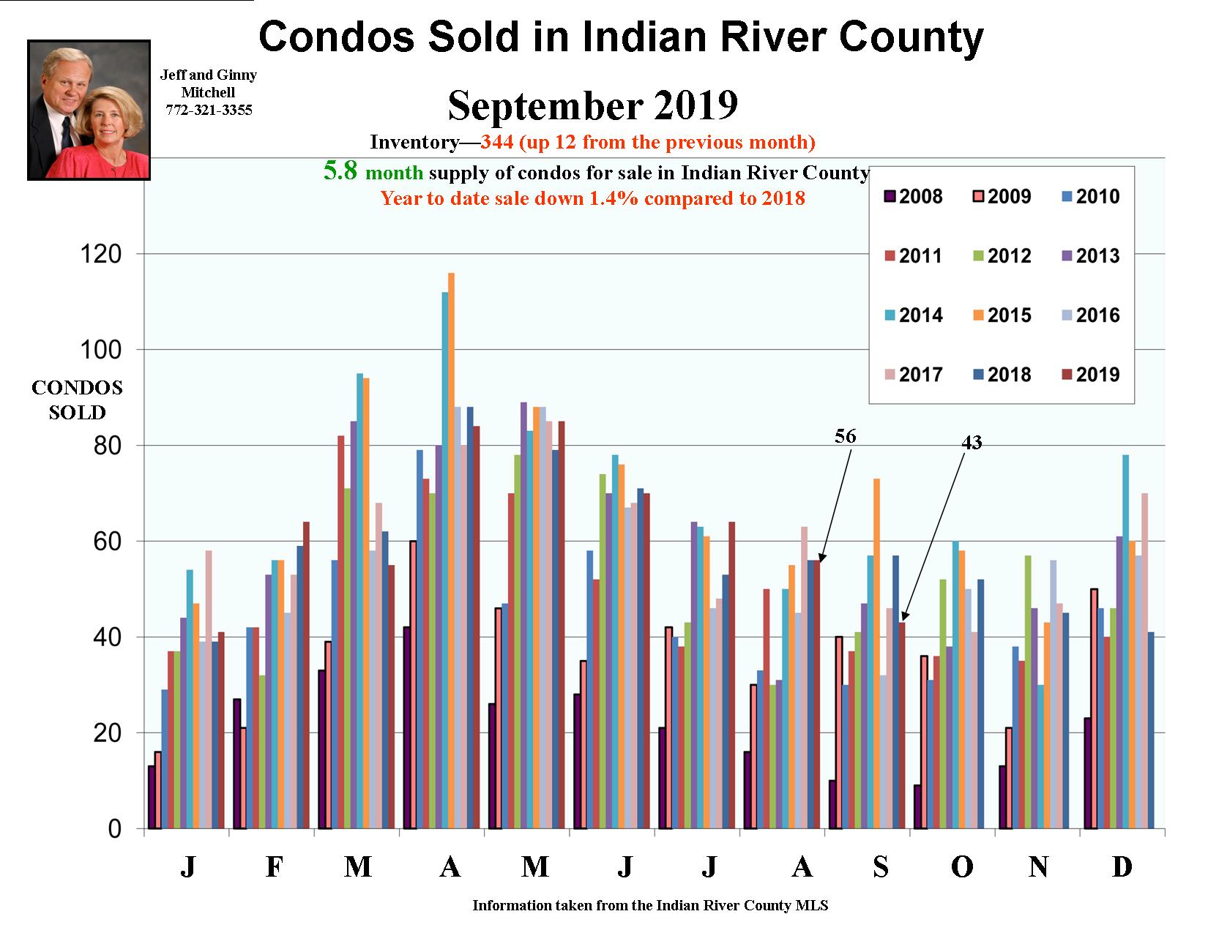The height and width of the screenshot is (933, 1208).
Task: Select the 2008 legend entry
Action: point(913,196)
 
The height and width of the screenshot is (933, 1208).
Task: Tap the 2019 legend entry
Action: point(1089,375)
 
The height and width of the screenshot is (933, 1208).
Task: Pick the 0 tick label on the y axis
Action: point(114,829)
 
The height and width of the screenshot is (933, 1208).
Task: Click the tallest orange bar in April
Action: point(451,549)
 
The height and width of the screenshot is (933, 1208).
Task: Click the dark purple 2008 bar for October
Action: point(918,806)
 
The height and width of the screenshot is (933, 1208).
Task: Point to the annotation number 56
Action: point(845,436)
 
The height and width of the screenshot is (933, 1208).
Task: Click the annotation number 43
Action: point(971,442)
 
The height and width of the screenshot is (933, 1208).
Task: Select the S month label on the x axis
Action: point(881,867)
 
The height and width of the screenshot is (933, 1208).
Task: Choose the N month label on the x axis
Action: point(1038,867)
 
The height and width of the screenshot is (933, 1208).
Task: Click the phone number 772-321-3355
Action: point(209,110)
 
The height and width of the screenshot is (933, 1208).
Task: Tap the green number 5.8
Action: point(340,171)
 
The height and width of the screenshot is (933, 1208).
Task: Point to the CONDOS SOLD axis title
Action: point(77,400)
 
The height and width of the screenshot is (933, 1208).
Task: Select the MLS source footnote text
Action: point(650,905)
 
